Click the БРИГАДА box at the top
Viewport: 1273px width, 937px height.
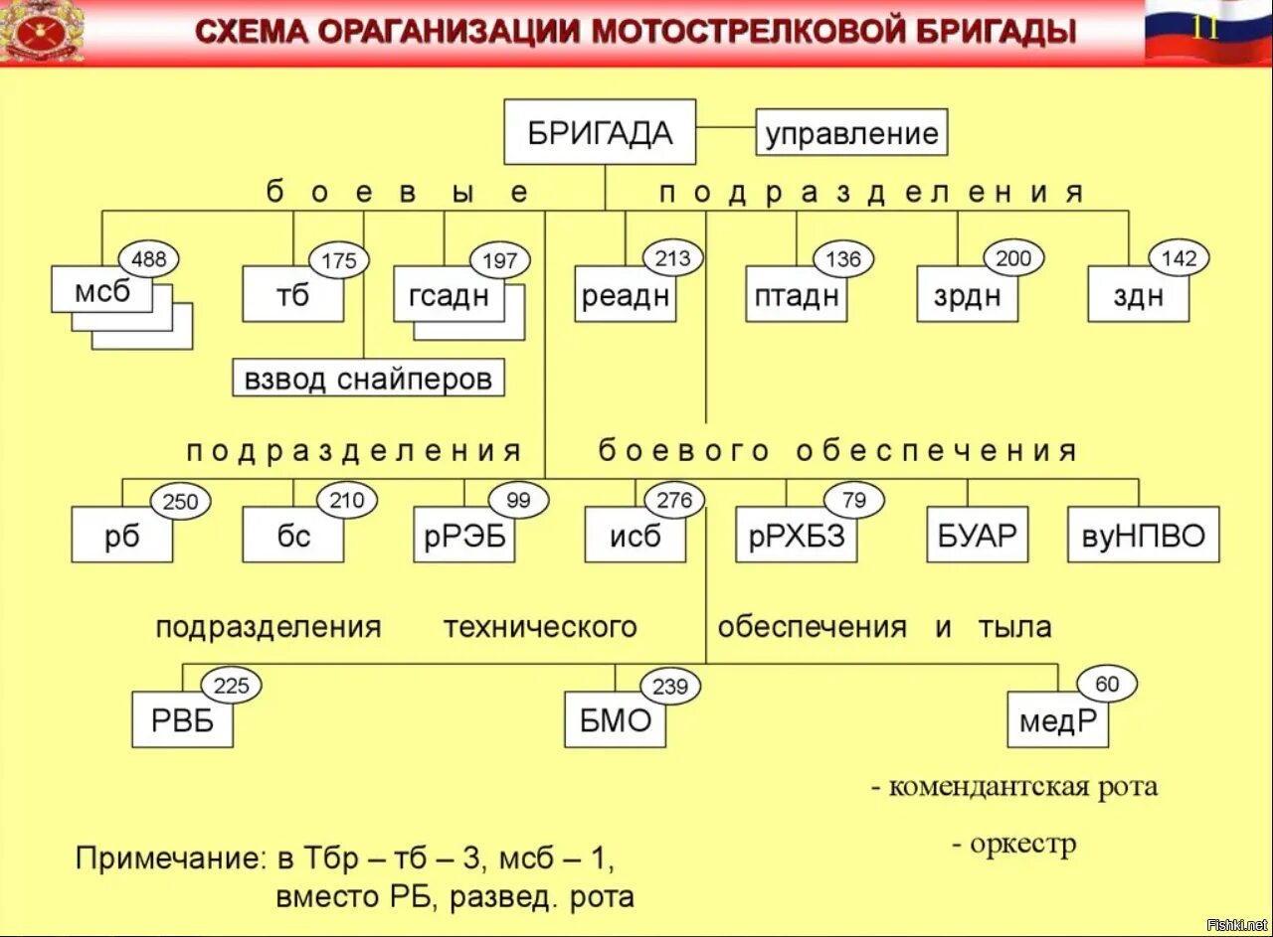click(600, 132)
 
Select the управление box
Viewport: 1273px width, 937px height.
click(852, 133)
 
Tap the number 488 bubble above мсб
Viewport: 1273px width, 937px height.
click(149, 260)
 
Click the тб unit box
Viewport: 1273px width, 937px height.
click(292, 295)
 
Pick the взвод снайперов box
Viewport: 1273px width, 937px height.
click(368, 379)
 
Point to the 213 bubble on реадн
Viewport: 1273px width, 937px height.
click(672, 259)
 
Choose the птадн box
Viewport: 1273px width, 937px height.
click(796, 295)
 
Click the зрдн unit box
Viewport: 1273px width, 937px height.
click(967, 295)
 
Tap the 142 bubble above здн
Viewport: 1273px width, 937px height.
click(1179, 259)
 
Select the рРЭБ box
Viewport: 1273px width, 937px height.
click(464, 537)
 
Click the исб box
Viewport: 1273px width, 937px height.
click(635, 537)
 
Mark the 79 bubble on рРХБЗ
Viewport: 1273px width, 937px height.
click(853, 500)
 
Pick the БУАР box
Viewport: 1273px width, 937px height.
click(977, 537)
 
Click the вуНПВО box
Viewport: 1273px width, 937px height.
click(1143, 537)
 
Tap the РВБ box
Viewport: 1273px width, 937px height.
click(182, 721)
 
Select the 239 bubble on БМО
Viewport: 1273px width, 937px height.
click(670, 686)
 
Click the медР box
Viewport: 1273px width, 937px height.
click(1057, 721)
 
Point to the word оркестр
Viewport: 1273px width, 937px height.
click(1021, 845)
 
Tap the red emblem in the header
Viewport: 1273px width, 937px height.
click(43, 32)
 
